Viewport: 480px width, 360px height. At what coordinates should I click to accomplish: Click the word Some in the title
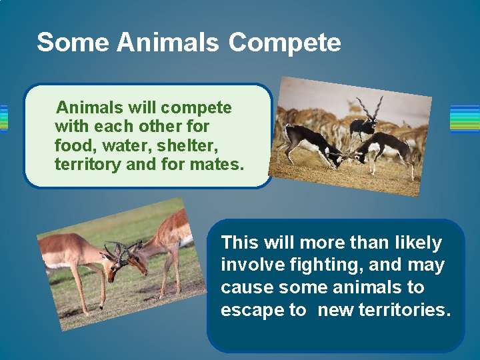click(72, 42)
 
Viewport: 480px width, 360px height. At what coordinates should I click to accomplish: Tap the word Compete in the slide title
click(285, 42)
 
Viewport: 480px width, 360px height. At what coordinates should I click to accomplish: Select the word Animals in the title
click(167, 42)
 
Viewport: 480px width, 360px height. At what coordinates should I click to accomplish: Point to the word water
click(125, 145)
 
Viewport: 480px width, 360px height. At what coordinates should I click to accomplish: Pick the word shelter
click(187, 145)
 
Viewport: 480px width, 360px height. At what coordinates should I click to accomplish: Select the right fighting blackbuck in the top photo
click(385, 148)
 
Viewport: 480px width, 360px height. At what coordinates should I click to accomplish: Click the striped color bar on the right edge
click(465, 119)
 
